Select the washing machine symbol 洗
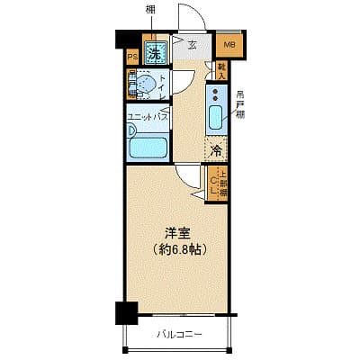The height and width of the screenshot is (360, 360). (x=154, y=52)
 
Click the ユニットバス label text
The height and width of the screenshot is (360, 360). (x=148, y=116)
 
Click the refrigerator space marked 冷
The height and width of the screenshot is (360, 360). (x=216, y=151)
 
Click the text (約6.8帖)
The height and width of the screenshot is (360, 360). (x=179, y=248)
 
